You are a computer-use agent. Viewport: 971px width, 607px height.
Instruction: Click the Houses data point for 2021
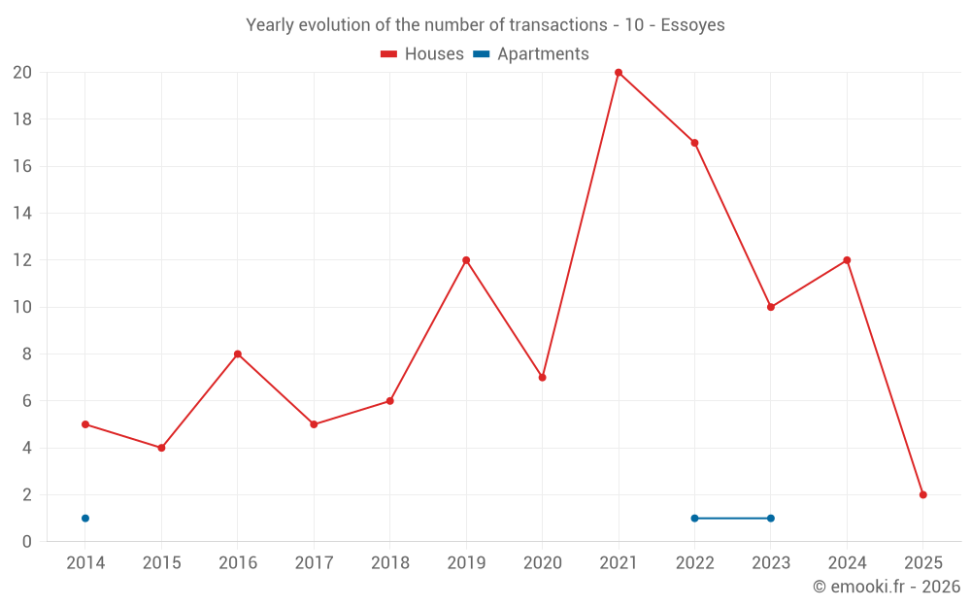(x=619, y=73)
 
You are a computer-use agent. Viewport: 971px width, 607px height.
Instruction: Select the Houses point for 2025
(x=923, y=494)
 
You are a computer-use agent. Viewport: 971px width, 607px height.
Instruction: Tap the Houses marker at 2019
(x=466, y=260)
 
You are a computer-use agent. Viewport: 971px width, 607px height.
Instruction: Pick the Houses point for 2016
(x=238, y=354)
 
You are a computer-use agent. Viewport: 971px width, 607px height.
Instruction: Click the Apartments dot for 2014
(x=85, y=518)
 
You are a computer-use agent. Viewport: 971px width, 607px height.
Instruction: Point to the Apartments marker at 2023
(x=771, y=518)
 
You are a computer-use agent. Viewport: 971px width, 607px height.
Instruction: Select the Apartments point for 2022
(x=694, y=518)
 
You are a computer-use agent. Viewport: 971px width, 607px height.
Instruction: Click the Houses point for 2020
(x=542, y=377)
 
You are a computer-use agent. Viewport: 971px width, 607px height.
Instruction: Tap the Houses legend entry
(x=422, y=54)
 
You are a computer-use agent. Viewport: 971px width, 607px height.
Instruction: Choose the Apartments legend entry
(x=531, y=54)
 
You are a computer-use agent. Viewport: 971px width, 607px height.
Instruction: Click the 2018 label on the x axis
(x=389, y=563)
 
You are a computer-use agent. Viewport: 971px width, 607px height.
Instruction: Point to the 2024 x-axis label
(x=847, y=563)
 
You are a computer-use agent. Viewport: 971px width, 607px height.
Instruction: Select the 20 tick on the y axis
(x=22, y=73)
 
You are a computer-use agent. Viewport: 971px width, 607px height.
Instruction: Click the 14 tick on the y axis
(x=22, y=214)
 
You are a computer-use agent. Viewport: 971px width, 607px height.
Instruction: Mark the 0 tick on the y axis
(x=27, y=541)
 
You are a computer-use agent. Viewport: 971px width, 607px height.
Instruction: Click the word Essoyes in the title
(x=692, y=25)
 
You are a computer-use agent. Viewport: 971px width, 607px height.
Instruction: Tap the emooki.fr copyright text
(x=887, y=587)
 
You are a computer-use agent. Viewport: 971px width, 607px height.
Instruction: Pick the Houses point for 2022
(x=694, y=143)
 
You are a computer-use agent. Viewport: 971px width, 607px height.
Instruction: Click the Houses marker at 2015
(x=161, y=448)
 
